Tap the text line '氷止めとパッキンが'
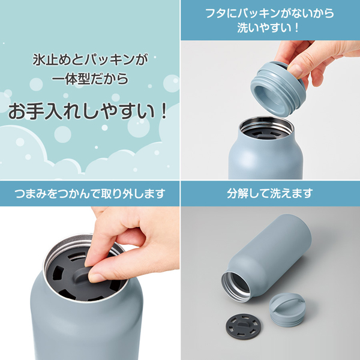click(x=90, y=61)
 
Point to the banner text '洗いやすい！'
click(x=271, y=28)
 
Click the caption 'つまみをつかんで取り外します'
click(x=90, y=194)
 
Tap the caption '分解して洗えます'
click(x=270, y=194)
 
